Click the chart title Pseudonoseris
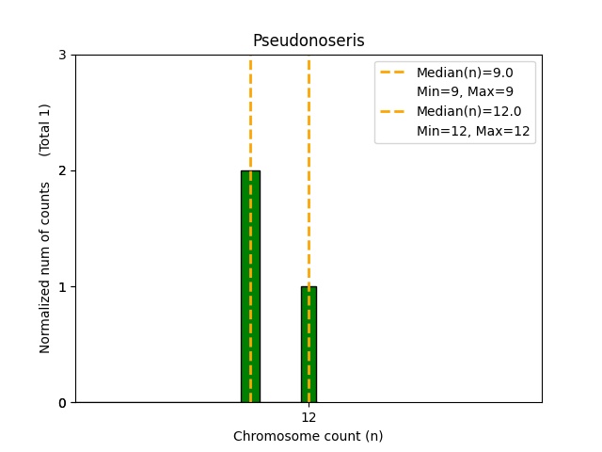tap(309, 40)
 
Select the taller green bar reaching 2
tap(251, 286)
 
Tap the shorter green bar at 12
tap(309, 345)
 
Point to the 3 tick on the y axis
tap(62, 55)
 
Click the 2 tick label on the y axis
tap(62, 170)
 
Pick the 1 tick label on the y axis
tap(62, 286)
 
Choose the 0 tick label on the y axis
tap(62, 403)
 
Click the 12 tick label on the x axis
tap(309, 417)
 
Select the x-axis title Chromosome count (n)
tap(309, 436)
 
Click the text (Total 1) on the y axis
tap(44, 130)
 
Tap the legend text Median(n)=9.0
tap(465, 73)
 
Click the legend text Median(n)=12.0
tap(469, 111)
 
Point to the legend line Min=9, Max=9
tap(465, 91)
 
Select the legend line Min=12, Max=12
tap(473, 131)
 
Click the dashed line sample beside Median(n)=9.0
tap(392, 73)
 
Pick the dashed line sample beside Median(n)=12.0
tap(392, 111)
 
